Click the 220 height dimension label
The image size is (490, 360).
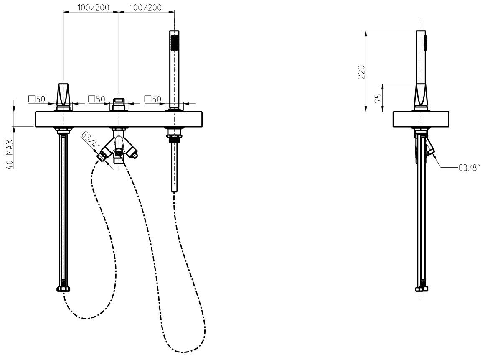[x=361, y=72]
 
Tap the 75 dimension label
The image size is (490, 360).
[x=378, y=99]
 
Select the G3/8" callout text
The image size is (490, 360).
[x=468, y=168]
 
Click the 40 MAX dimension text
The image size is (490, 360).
[x=10, y=155]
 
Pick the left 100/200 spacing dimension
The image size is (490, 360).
[x=94, y=7]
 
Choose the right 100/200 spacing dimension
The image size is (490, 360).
[x=146, y=7]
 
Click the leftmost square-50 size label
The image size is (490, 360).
[x=37, y=100]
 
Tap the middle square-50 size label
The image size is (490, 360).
[x=96, y=100]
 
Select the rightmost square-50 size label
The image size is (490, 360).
[x=152, y=100]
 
